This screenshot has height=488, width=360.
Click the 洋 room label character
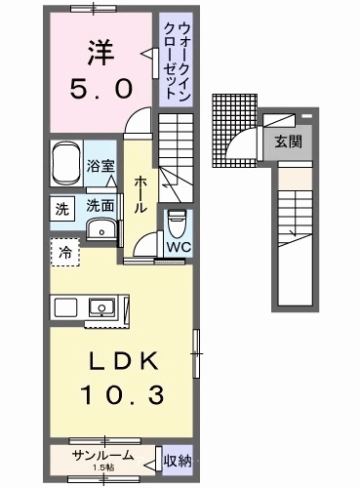(x=100, y=53)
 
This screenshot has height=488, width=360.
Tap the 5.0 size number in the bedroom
(x=100, y=89)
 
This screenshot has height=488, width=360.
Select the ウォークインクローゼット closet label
(x=176, y=61)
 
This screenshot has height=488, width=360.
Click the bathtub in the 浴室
(x=66, y=164)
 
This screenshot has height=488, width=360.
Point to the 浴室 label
(x=100, y=166)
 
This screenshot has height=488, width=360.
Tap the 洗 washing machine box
(x=61, y=209)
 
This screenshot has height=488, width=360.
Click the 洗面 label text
(x=100, y=206)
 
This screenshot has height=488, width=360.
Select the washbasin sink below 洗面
(x=101, y=229)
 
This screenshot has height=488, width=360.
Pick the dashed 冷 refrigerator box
(x=65, y=252)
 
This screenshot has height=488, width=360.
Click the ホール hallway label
(x=140, y=194)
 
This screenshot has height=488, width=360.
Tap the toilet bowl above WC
(x=177, y=224)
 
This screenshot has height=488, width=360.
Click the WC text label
(x=179, y=247)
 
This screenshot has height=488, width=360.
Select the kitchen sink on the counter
(x=101, y=307)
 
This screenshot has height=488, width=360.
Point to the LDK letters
(x=124, y=361)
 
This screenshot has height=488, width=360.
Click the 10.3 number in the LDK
(x=123, y=394)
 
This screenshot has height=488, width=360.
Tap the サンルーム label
(x=103, y=455)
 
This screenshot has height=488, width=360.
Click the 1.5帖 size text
(x=103, y=468)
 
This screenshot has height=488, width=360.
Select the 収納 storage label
(x=178, y=461)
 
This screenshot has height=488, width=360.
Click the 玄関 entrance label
(x=288, y=142)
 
